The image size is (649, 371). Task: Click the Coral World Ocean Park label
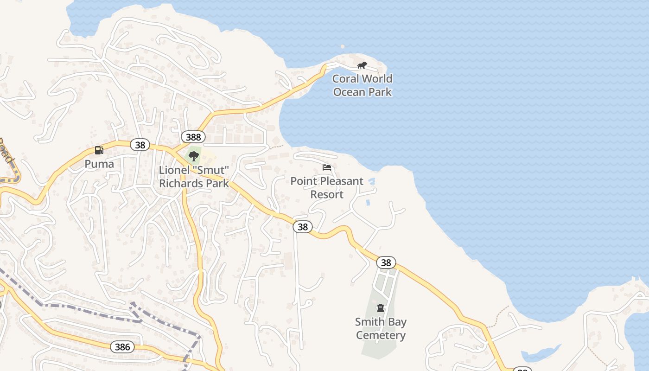(362, 85)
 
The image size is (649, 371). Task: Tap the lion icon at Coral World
(362, 65)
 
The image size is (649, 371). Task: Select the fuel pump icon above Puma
(99, 150)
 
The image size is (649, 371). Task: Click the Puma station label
(99, 164)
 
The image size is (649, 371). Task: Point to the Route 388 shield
(193, 137)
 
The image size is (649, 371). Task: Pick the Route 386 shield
(122, 346)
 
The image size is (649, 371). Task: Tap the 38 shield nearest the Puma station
(140, 145)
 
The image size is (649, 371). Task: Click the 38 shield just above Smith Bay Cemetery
(386, 263)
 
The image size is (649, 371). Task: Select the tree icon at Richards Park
(194, 156)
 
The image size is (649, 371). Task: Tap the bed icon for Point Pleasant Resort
(327, 167)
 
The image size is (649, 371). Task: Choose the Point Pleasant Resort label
(327, 187)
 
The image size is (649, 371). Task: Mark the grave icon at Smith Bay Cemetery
(381, 308)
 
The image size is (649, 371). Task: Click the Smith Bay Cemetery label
(381, 328)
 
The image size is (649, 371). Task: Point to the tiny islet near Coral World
(343, 46)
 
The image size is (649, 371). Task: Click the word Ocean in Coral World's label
(349, 92)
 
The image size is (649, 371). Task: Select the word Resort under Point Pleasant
(327, 194)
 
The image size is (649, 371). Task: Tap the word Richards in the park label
(180, 183)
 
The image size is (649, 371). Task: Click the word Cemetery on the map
(381, 335)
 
